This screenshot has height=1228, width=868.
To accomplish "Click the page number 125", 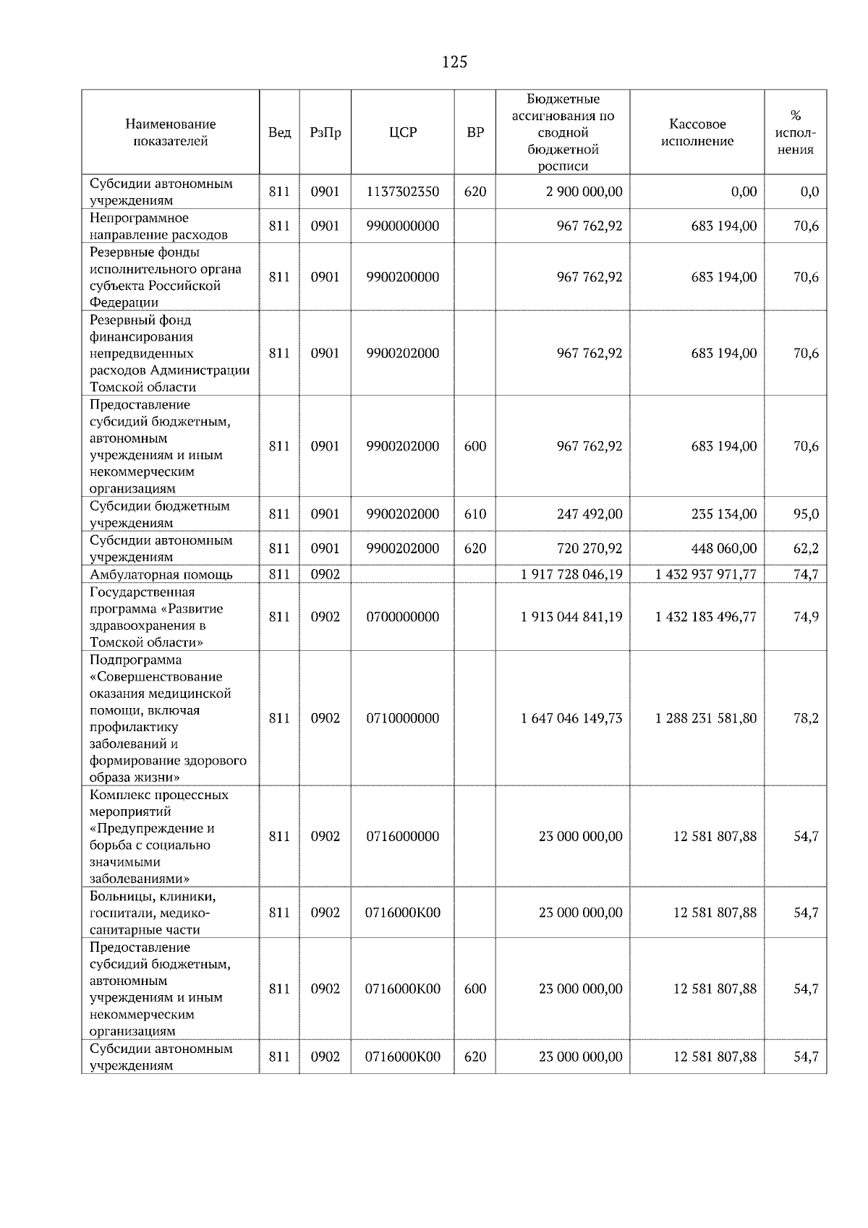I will pos(454,62).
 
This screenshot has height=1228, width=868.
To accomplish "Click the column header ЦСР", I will pos(403,133).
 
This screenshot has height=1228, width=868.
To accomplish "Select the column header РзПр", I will pos(325,133).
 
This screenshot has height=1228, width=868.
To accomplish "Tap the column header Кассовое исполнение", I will pos(697,133).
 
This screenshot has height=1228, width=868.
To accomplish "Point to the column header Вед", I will pos(279,133).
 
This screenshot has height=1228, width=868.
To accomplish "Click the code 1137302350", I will pos(403,192).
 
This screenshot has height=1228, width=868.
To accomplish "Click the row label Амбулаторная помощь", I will pos(161,575).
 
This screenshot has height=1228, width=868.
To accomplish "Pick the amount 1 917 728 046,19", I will pos(571,575).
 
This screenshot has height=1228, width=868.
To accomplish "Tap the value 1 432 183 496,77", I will pos(706,617).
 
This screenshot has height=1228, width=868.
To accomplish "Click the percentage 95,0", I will pos(806,514).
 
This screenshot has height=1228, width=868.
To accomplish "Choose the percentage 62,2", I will pos(806,549).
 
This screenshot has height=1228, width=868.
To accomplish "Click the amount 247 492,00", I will pos(590,514).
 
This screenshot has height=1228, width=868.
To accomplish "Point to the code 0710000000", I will pos(403,718).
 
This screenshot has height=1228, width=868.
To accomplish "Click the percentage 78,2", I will pos(806,718).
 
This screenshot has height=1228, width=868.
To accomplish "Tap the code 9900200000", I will pos(403,277).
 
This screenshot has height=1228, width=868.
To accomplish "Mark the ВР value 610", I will pos(475,514).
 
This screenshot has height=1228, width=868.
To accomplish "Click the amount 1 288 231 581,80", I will pos(706,718).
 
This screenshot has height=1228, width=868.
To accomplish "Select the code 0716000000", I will pos(403,837).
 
